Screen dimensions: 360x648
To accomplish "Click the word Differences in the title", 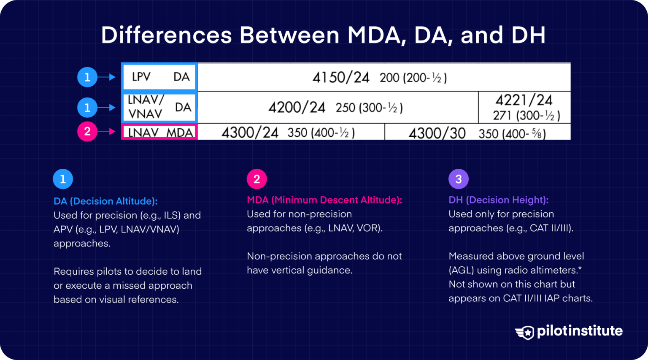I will [x=166, y=35].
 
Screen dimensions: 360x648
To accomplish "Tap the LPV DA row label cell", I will [x=160, y=77].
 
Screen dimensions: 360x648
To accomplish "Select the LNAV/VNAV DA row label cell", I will [x=160, y=107].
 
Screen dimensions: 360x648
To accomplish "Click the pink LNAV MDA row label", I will [x=160, y=132].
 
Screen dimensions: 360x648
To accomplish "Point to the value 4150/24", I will [x=340, y=78].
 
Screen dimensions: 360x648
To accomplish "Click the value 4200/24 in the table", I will [x=297, y=108].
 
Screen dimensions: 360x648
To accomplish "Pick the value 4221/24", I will [x=524, y=100].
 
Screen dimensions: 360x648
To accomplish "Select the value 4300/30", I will [x=437, y=133].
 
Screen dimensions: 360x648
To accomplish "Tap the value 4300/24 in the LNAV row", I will [x=250, y=133].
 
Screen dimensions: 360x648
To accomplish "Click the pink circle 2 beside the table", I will [x=87, y=131].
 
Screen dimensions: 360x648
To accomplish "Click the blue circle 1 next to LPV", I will [x=87, y=77].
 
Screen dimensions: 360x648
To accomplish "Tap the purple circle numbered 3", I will [x=458, y=179].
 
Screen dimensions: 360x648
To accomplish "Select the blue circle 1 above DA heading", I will [x=63, y=179].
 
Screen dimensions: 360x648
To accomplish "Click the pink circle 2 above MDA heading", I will [x=256, y=179].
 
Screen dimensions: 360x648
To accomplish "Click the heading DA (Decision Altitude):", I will [x=105, y=201].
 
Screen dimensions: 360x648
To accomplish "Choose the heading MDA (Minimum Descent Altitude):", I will [x=324, y=200].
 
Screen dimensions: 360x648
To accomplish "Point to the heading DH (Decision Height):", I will [x=498, y=200].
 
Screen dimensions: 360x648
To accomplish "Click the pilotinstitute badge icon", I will [x=525, y=332].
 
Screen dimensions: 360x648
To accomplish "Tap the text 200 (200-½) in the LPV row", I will [x=413, y=78].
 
